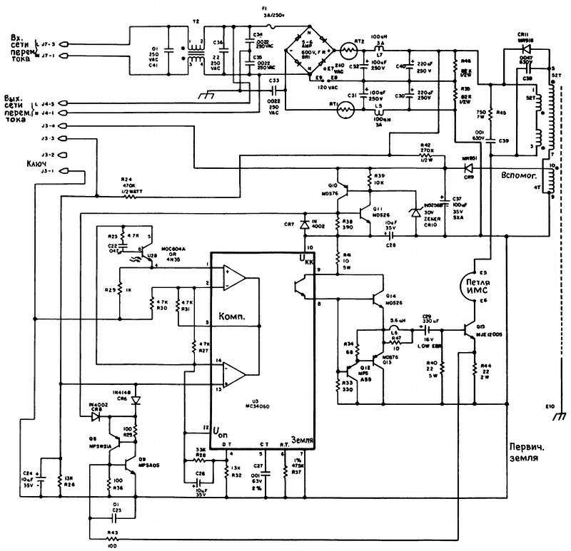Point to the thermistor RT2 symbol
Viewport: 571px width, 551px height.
pos(349,52)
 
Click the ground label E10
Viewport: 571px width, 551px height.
pos(549,407)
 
